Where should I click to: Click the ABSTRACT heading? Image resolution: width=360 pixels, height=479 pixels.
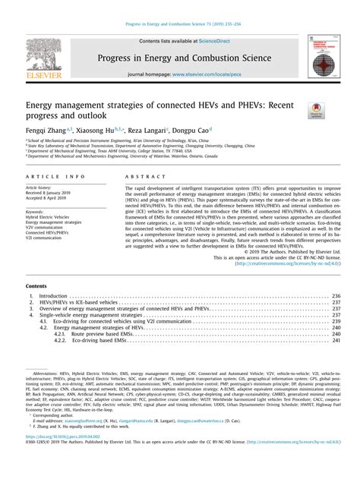point(137,175)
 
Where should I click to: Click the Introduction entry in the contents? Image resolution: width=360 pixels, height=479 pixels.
point(53,296)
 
